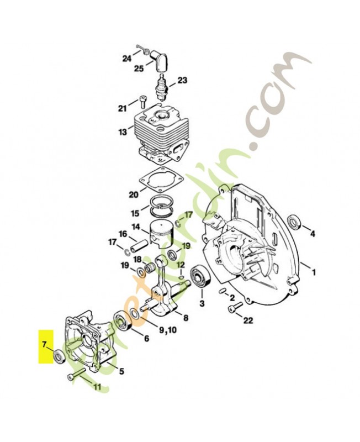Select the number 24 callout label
(127, 58)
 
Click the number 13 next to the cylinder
(122, 133)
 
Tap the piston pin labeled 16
(142, 244)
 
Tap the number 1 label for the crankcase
(314, 272)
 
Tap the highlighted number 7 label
(43, 345)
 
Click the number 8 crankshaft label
(186, 318)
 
